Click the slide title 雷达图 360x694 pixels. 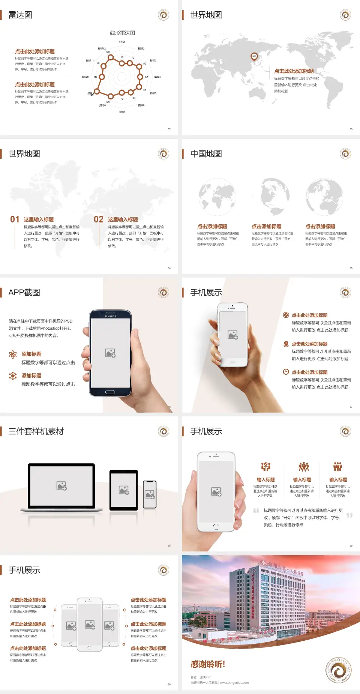click(x=20, y=15)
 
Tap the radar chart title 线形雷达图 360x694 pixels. click(x=122, y=33)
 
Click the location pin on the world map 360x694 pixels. click(x=254, y=56)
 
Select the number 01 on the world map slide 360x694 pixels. click(x=15, y=219)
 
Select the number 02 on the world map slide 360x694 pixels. click(x=99, y=219)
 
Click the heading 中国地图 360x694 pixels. click(x=206, y=154)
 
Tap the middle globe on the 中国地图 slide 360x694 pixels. click(x=271, y=196)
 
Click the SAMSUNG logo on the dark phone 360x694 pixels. click(x=110, y=316)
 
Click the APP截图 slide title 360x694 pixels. click(x=24, y=293)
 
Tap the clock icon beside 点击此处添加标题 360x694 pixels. click(x=286, y=372)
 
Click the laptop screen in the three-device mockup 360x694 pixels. click(x=61, y=486)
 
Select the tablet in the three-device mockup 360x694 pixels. click(x=124, y=490)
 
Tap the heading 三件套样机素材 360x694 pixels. click(x=36, y=431)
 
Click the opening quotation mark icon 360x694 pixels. click(x=256, y=511)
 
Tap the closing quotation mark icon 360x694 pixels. click(x=349, y=515)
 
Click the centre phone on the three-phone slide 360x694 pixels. click(x=90, y=624)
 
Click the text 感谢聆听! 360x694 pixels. click(x=208, y=664)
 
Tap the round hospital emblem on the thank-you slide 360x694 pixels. click(x=338, y=670)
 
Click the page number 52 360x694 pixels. click(x=169, y=129)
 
